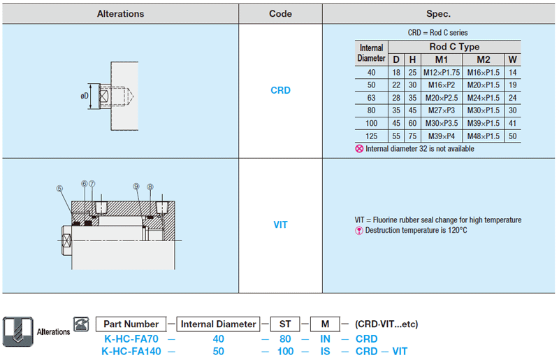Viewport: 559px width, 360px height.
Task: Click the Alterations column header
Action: (x=120, y=14)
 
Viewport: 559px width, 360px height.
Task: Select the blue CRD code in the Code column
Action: (x=281, y=90)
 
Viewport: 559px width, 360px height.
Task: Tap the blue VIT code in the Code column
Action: (x=281, y=225)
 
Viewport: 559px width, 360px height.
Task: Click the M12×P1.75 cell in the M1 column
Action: (x=442, y=73)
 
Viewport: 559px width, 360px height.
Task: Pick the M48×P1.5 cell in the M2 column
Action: (x=484, y=136)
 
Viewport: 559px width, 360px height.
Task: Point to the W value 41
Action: (x=513, y=123)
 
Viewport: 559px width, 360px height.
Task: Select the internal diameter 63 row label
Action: (x=372, y=98)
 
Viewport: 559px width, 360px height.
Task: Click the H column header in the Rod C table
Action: (x=412, y=59)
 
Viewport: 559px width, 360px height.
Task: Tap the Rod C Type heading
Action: (x=454, y=47)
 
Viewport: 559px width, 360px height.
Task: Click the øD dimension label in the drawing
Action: (x=85, y=96)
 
